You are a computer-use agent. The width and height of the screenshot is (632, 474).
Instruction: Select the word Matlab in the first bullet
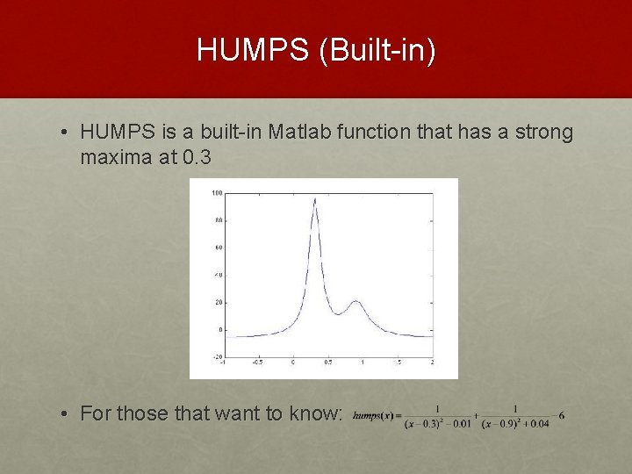click(x=303, y=133)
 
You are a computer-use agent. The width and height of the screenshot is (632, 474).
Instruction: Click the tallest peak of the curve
click(x=315, y=199)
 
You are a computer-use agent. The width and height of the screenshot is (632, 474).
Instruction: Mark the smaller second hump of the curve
click(x=355, y=301)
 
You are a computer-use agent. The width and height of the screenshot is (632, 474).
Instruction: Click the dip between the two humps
click(x=337, y=313)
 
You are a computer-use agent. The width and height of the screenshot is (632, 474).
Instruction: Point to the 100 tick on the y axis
click(x=216, y=192)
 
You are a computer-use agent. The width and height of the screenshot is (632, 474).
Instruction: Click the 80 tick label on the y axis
click(x=217, y=220)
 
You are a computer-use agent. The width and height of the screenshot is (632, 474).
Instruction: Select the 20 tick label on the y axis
click(x=217, y=302)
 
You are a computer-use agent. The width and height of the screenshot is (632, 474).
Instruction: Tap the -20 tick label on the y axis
click(x=215, y=357)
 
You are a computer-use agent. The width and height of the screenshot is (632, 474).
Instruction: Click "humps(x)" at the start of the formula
click(x=373, y=415)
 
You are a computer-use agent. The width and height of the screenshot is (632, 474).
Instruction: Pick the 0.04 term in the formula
click(x=539, y=424)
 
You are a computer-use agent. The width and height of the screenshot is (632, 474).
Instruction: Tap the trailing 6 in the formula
click(x=561, y=415)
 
